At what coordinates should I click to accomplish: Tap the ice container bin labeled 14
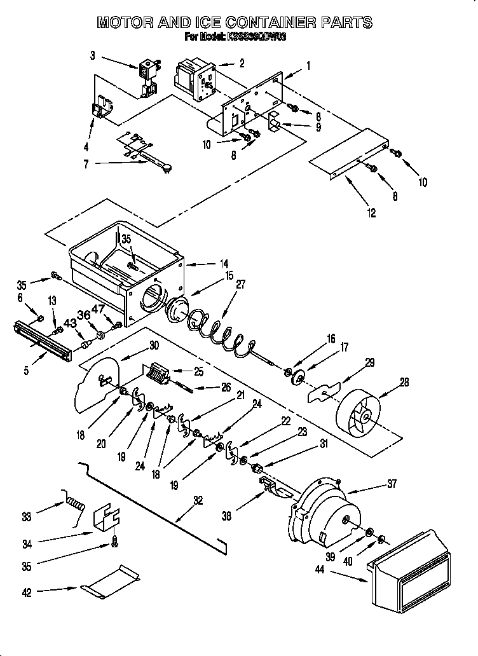click(127, 267)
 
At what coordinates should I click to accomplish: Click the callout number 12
click(372, 213)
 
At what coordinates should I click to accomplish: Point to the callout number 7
click(86, 164)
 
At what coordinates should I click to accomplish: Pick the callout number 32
click(198, 500)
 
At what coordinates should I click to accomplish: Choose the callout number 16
click(331, 339)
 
